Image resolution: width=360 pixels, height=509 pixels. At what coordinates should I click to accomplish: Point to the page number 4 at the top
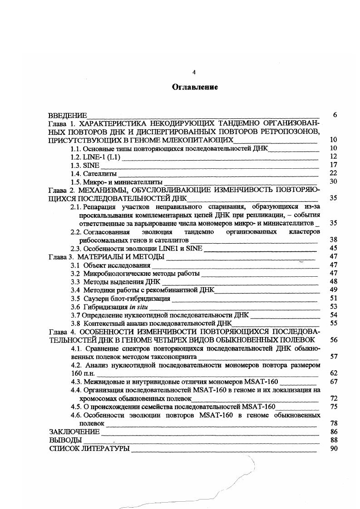(x=194, y=72)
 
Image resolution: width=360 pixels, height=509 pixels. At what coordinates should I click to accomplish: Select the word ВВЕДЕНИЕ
(x=68, y=115)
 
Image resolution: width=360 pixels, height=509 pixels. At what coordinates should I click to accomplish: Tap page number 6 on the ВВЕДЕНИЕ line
(x=335, y=115)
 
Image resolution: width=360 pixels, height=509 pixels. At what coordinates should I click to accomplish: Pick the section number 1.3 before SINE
(x=75, y=165)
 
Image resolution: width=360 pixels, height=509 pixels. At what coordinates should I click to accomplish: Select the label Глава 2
(x=60, y=190)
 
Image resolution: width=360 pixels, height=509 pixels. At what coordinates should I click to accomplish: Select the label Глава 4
(x=60, y=332)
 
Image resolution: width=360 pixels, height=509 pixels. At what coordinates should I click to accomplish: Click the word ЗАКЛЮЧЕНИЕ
(x=74, y=431)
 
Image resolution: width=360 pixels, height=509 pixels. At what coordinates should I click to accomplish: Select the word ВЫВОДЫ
(x=65, y=440)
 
